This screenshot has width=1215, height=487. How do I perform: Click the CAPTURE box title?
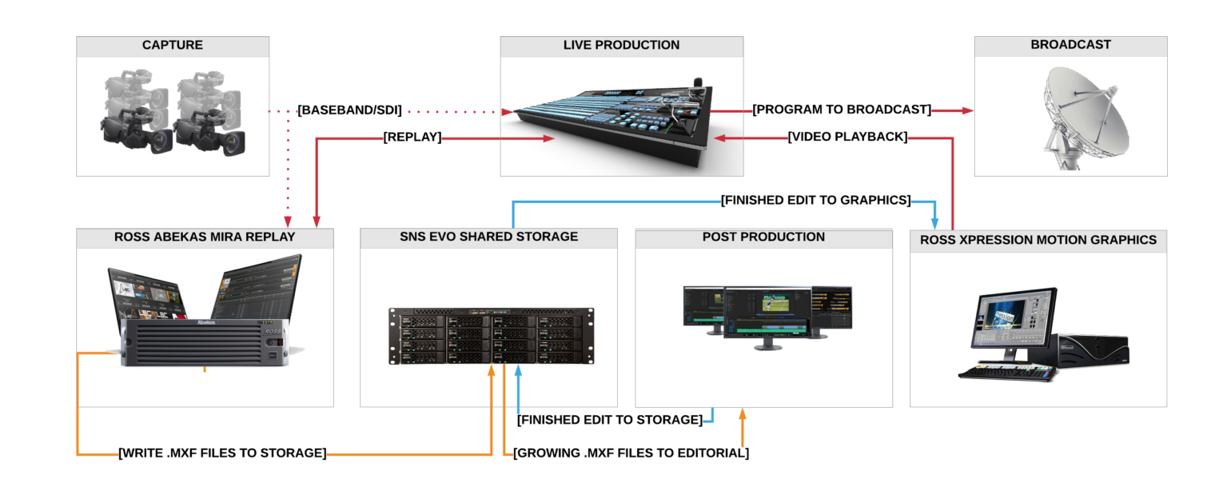[x=173, y=46]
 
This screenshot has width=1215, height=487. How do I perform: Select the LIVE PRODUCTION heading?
[x=621, y=46]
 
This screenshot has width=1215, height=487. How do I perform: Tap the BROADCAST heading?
[x=1070, y=46]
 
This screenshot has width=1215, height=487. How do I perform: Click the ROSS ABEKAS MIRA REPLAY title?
[x=205, y=238]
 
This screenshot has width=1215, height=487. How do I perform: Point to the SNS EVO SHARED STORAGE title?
[x=488, y=238]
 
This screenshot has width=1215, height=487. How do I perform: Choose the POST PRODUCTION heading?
[x=763, y=238]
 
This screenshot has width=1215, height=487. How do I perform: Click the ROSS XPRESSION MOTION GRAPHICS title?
[x=1038, y=240]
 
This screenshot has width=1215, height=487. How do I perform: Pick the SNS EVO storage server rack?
[x=492, y=336]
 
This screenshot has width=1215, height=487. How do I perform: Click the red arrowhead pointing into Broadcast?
[x=968, y=110]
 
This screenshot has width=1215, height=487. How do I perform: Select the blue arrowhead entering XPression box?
[x=934, y=222]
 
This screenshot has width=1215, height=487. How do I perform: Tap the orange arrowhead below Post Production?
[x=743, y=414]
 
